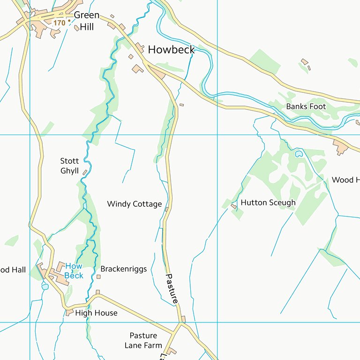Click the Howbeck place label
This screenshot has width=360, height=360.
(171, 50)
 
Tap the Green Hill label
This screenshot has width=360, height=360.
(87, 21)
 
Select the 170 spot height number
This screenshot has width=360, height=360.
(59, 22)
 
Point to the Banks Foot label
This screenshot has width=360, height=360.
(306, 106)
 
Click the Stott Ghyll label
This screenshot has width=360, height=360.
(69, 166)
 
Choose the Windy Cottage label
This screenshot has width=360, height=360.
(134, 204)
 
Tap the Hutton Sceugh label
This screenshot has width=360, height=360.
(268, 202)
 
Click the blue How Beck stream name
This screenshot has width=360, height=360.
(74, 271)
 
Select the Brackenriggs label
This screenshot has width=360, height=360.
(123, 269)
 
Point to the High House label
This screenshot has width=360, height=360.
(96, 313)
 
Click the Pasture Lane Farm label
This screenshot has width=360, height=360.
(143, 341)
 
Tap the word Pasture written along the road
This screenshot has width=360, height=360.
(172, 289)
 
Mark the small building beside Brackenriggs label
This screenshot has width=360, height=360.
(98, 277)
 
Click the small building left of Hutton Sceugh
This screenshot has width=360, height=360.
(233, 206)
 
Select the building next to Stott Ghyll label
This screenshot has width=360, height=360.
(85, 172)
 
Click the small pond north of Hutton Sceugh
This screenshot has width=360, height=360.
(299, 153)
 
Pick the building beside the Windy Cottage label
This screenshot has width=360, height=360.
(166, 210)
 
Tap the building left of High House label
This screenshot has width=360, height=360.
(70, 312)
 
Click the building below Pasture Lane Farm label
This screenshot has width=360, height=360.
(172, 351)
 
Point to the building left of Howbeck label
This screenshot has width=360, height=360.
(140, 47)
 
